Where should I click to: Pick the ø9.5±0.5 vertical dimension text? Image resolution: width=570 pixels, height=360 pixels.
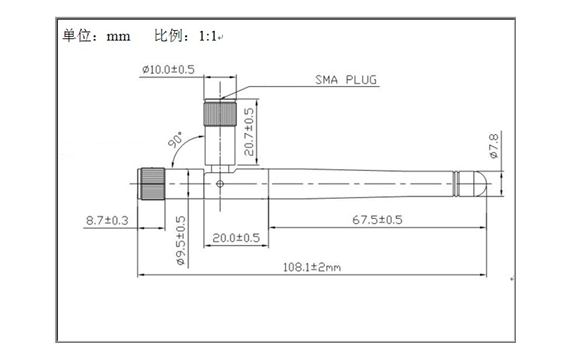point(181,241)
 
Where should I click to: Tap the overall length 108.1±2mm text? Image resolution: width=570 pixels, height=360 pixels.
point(311,267)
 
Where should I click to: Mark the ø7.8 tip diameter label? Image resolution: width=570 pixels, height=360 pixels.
point(493,147)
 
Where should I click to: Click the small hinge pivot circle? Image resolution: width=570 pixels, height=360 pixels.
point(220,183)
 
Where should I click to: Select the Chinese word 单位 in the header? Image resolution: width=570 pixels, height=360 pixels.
point(76,37)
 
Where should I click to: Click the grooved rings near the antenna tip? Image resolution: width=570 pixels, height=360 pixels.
point(460,182)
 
